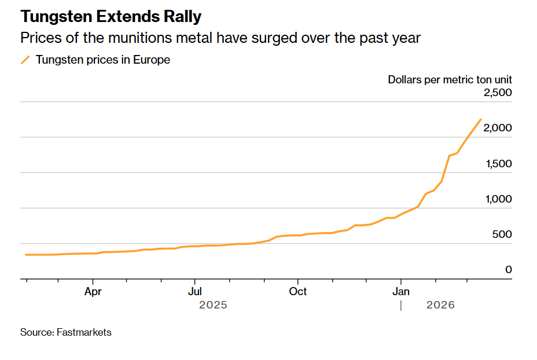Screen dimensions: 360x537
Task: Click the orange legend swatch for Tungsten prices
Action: coord(25,60)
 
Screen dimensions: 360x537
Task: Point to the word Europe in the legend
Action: coord(152,60)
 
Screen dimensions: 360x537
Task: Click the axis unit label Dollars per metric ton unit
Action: coord(450,80)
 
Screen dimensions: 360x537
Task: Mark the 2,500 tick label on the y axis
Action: coord(498,93)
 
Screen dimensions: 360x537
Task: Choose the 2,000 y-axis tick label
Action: coord(498,128)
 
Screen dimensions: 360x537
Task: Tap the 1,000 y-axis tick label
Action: coord(498,199)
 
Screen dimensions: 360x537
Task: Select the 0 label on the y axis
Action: coord(509,270)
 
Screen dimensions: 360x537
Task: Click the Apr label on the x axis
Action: coord(93,291)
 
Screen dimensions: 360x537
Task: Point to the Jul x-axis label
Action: coord(195,291)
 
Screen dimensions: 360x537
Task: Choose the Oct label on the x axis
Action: coord(298,291)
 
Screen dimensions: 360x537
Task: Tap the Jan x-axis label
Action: coord(401,291)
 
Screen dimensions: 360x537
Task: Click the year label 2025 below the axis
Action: coord(213,305)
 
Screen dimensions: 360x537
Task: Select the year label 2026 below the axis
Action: coord(440,305)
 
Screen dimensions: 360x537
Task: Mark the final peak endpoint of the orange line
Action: coord(480,120)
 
